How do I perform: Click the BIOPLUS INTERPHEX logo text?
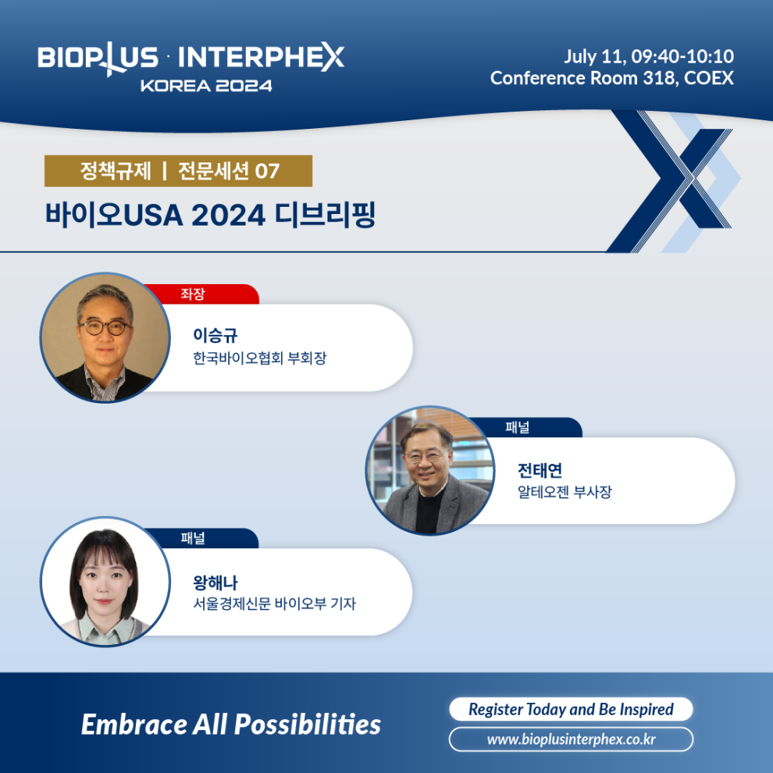191,59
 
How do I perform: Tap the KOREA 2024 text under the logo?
206,86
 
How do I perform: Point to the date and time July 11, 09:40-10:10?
649,56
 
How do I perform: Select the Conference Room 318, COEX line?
612,78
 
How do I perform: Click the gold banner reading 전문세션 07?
179,171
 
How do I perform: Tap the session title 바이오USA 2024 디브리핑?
211,215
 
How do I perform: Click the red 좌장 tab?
200,294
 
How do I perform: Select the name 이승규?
216,335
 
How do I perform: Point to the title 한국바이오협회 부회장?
260,358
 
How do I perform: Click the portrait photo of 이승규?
105,337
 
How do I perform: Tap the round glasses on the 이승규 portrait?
105,327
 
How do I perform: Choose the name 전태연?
540,470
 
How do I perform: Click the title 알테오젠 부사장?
565,492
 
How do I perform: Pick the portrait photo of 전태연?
430,470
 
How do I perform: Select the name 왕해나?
216,582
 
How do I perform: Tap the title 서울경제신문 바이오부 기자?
274,604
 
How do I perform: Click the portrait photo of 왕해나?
105,582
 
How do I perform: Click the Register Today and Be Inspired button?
571,709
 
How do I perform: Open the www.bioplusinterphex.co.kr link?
571,739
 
